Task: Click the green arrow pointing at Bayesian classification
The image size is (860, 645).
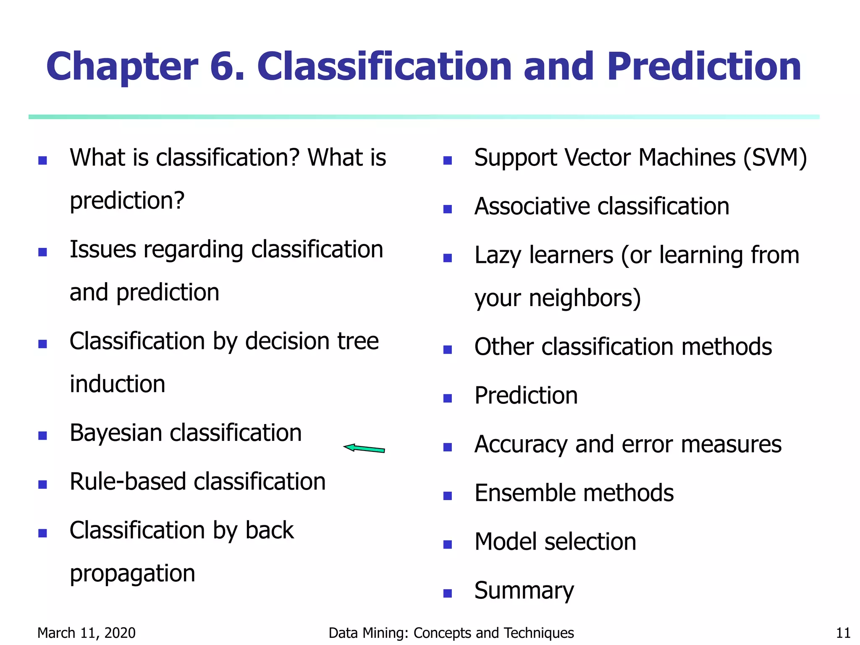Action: coord(364,448)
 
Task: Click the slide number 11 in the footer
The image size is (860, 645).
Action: coord(843,633)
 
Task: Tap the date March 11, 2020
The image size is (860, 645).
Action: coord(87,633)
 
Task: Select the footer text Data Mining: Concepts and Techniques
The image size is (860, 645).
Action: coord(451,633)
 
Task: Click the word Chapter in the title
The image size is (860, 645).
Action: coord(122,67)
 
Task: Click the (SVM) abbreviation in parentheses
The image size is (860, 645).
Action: coord(775,158)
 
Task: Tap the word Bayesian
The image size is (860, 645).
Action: coord(116,433)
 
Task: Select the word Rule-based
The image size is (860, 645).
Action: coord(128,481)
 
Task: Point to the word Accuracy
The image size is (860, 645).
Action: coord(521,445)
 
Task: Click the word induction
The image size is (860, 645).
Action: coord(117,384)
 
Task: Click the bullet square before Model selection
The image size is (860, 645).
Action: coord(448,545)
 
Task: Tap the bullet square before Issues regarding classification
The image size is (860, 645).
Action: coord(42,252)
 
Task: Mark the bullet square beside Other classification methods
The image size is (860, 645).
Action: coord(448,349)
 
